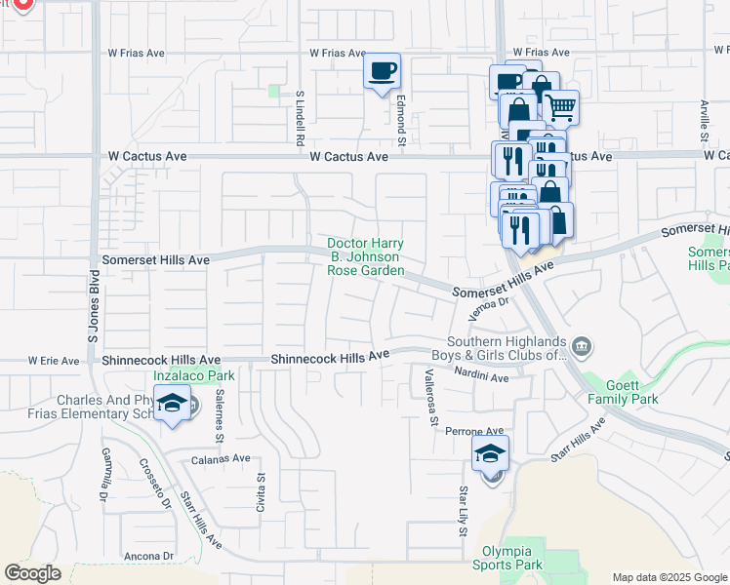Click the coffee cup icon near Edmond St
click(x=383, y=71)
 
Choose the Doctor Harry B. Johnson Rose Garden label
click(x=365, y=256)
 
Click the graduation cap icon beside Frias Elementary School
click(x=172, y=404)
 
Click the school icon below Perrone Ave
click(x=491, y=454)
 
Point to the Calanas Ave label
click(x=222, y=458)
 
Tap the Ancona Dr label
click(x=149, y=557)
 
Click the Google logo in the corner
click(x=32, y=573)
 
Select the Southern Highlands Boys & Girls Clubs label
click(x=506, y=348)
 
